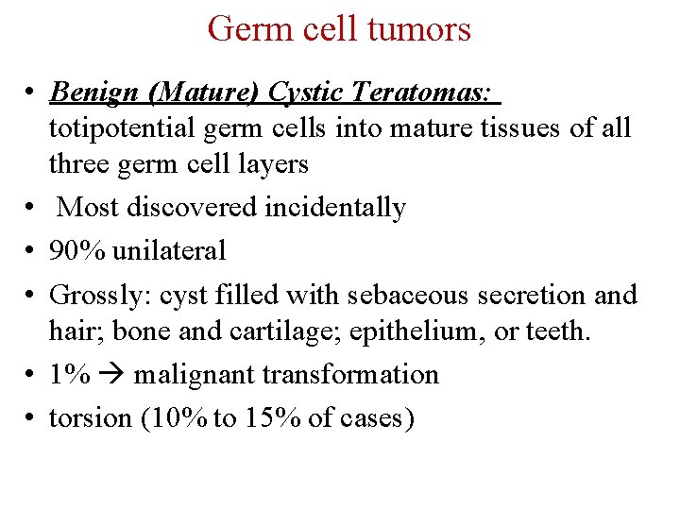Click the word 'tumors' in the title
(421, 29)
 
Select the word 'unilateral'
(170, 250)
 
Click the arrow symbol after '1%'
(111, 375)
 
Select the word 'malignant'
(195, 375)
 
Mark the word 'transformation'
(350, 375)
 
